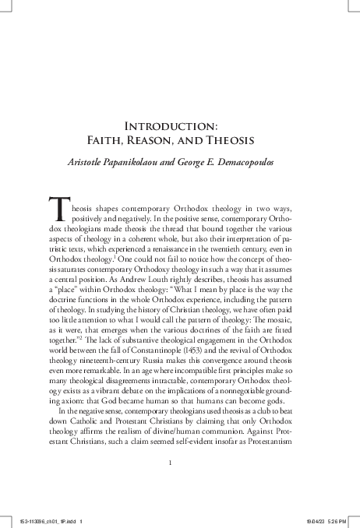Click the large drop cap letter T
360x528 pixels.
tap(58, 209)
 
